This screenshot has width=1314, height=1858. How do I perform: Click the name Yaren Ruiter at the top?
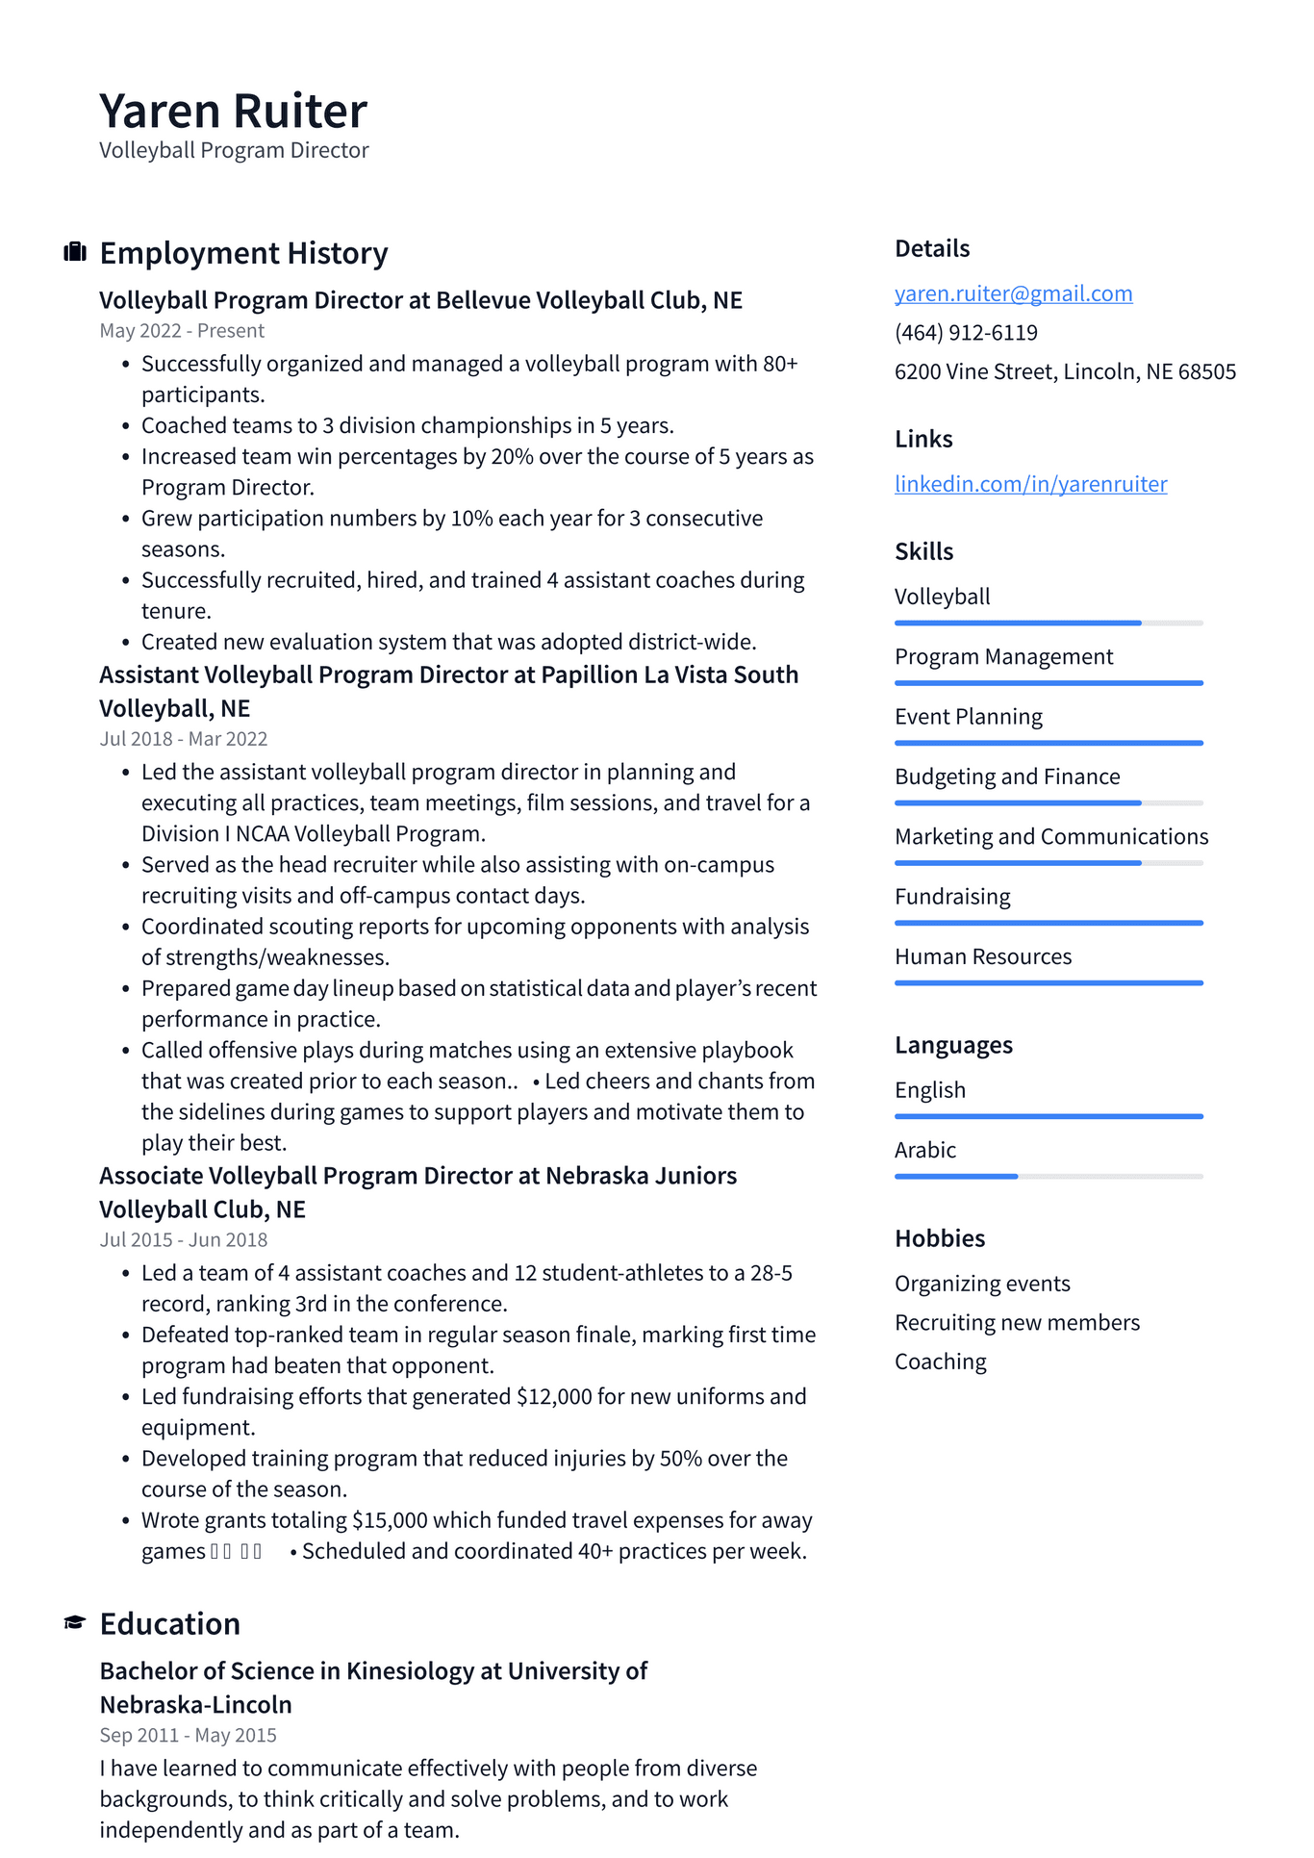(233, 111)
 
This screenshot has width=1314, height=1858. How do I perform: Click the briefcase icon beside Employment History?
(75, 253)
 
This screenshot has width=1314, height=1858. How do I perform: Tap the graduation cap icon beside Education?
(75, 1623)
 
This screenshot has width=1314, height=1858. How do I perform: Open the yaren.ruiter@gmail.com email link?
(1013, 293)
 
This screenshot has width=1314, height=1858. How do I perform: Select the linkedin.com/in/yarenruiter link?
(1030, 484)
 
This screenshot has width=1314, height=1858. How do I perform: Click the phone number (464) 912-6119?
(966, 333)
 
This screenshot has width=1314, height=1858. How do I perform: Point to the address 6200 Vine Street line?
(1065, 371)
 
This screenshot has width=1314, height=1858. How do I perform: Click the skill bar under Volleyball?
(1049, 624)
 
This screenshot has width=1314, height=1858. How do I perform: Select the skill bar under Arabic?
(1049, 1176)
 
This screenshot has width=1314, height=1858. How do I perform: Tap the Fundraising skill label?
(952, 897)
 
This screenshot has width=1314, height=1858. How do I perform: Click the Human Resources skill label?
(982, 956)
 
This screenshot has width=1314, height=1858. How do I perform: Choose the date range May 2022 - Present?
(182, 331)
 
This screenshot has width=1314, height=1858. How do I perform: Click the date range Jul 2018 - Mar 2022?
(184, 739)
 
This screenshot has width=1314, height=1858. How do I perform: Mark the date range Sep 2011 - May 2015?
(188, 1735)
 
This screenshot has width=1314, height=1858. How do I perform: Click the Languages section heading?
(953, 1045)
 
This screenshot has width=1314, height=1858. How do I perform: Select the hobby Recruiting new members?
(1017, 1323)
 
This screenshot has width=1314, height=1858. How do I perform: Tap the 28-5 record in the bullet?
(771, 1273)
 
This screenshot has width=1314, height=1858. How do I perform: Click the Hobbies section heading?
(940, 1238)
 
